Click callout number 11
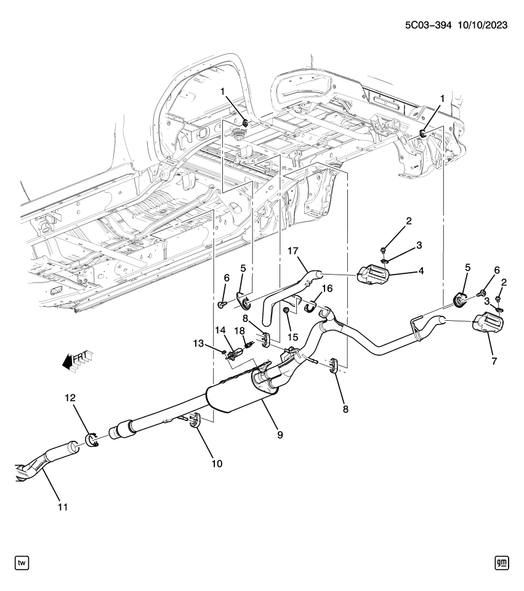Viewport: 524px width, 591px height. click(x=62, y=507)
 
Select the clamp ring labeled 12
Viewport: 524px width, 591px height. click(x=92, y=441)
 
